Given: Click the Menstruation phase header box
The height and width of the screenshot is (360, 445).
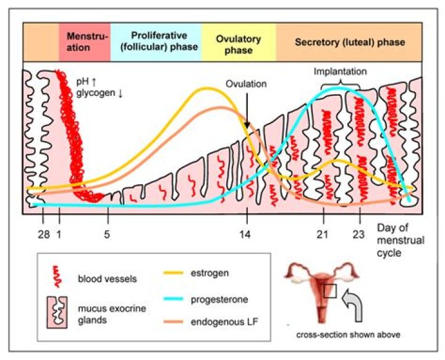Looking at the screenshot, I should (x=85, y=41).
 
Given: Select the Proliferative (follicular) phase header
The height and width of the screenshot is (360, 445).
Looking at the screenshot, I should (x=156, y=41).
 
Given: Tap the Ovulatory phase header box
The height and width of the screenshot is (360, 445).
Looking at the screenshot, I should (x=239, y=41).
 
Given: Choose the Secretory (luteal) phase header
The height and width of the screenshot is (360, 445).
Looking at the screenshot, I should (x=349, y=42).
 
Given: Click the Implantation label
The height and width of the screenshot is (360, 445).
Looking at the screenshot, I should (x=340, y=72).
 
